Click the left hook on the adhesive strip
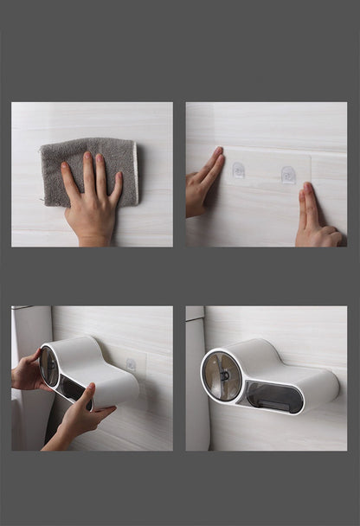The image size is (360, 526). [x=239, y=170]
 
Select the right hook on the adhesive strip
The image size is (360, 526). [x=288, y=174]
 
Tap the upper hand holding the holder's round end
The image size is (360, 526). [x=29, y=373]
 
